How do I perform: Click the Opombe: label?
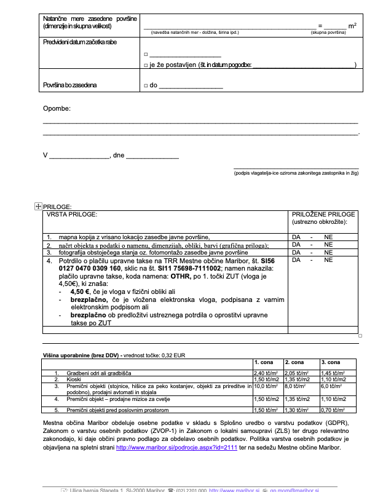click(x=57, y=108)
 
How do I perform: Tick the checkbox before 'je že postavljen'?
click(x=145, y=65)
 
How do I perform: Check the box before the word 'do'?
click(x=145, y=85)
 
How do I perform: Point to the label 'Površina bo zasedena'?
click(x=69, y=85)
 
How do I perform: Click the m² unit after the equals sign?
click(x=352, y=26)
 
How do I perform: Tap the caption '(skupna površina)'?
click(x=328, y=32)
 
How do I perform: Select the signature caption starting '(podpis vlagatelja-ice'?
click(x=296, y=173)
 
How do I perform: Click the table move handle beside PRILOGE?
click(x=38, y=207)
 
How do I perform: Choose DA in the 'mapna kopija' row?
click(x=296, y=237)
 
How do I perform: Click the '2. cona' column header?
click(x=294, y=363)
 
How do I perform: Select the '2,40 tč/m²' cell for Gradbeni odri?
click(x=266, y=373)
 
